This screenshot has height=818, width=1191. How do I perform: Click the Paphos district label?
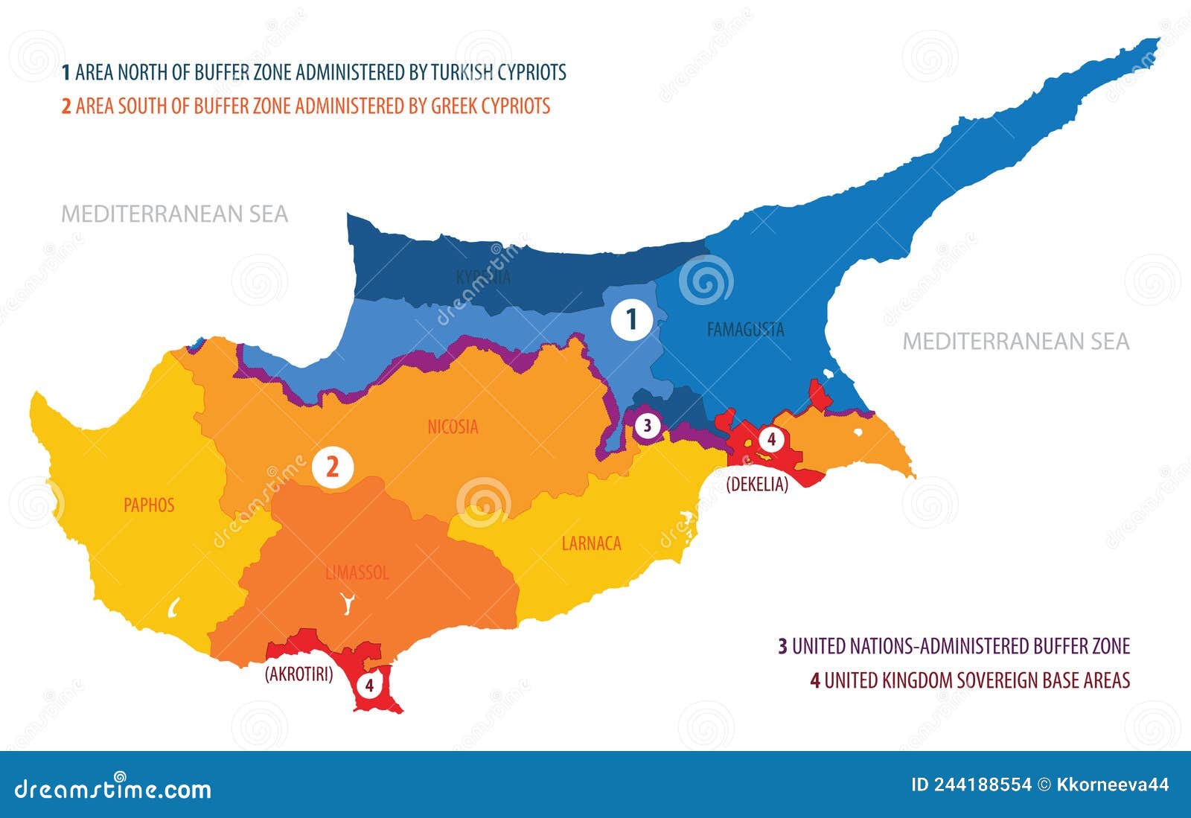pyautogui.click(x=149, y=505)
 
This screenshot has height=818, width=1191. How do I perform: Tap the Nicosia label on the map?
pyautogui.click(x=453, y=427)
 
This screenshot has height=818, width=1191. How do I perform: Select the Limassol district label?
pyautogui.click(x=357, y=573)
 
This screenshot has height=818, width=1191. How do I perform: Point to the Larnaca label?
pyautogui.click(x=591, y=543)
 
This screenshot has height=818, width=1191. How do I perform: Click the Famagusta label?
pyautogui.click(x=745, y=329)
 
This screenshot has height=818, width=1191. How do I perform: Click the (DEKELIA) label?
pyautogui.click(x=757, y=484)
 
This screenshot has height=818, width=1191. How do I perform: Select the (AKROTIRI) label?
pyautogui.click(x=298, y=674)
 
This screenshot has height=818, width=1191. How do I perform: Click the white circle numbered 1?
pyautogui.click(x=632, y=320)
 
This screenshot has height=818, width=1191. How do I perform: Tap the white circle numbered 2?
pyautogui.click(x=333, y=468)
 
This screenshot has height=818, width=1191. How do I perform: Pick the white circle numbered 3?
pyautogui.click(x=647, y=426)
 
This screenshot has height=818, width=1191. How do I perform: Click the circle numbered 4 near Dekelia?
pyautogui.click(x=771, y=440)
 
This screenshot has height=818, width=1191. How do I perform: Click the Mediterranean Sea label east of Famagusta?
pyautogui.click(x=1016, y=342)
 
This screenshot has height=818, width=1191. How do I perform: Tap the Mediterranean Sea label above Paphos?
pyautogui.click(x=174, y=214)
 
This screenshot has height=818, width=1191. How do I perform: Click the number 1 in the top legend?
pyautogui.click(x=66, y=72)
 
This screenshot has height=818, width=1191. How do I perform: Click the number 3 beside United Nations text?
pyautogui.click(x=782, y=646)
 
